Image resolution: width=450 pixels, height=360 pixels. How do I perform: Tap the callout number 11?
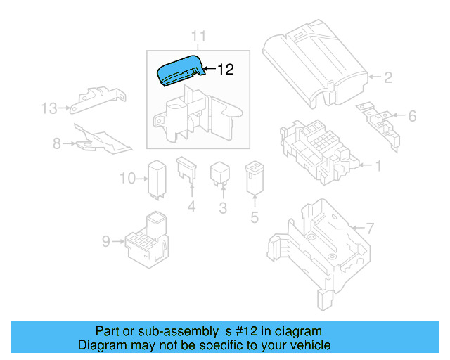tap(198, 37)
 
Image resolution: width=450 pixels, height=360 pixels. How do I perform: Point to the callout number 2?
tap(387, 77)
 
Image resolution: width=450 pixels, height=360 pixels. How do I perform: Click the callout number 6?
tap(412, 116)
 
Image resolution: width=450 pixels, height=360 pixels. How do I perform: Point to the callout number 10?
tap(127, 179)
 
